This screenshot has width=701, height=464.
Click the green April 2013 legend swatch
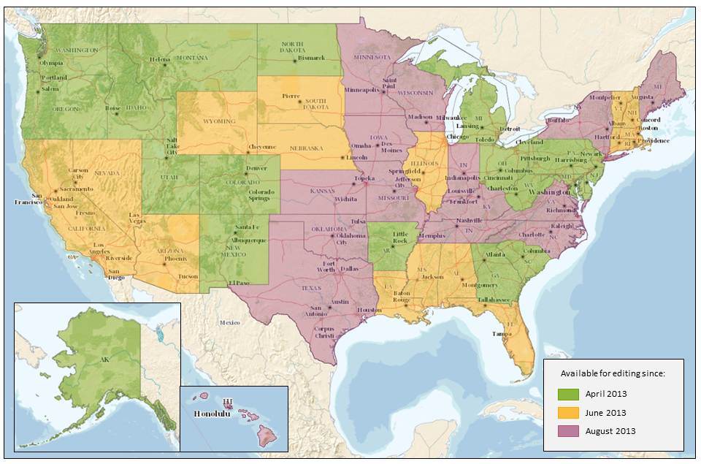tap(569, 394)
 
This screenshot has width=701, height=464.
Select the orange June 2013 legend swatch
tap(569, 413)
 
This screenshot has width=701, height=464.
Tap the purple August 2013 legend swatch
tap(569, 431)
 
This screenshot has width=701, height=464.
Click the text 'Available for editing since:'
tap(612, 373)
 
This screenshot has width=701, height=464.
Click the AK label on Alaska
tap(104, 360)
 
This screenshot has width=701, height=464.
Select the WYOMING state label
tap(219, 121)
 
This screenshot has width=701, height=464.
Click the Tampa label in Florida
tap(501, 334)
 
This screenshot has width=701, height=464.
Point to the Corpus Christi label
tap(323, 332)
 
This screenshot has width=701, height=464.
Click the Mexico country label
tap(230, 322)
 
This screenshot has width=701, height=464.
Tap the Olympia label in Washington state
tap(50, 63)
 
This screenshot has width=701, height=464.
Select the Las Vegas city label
tap(137, 218)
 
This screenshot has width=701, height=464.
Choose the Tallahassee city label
tap(494, 300)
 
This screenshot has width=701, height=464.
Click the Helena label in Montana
tap(160, 59)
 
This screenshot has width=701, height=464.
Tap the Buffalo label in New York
tap(556, 119)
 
